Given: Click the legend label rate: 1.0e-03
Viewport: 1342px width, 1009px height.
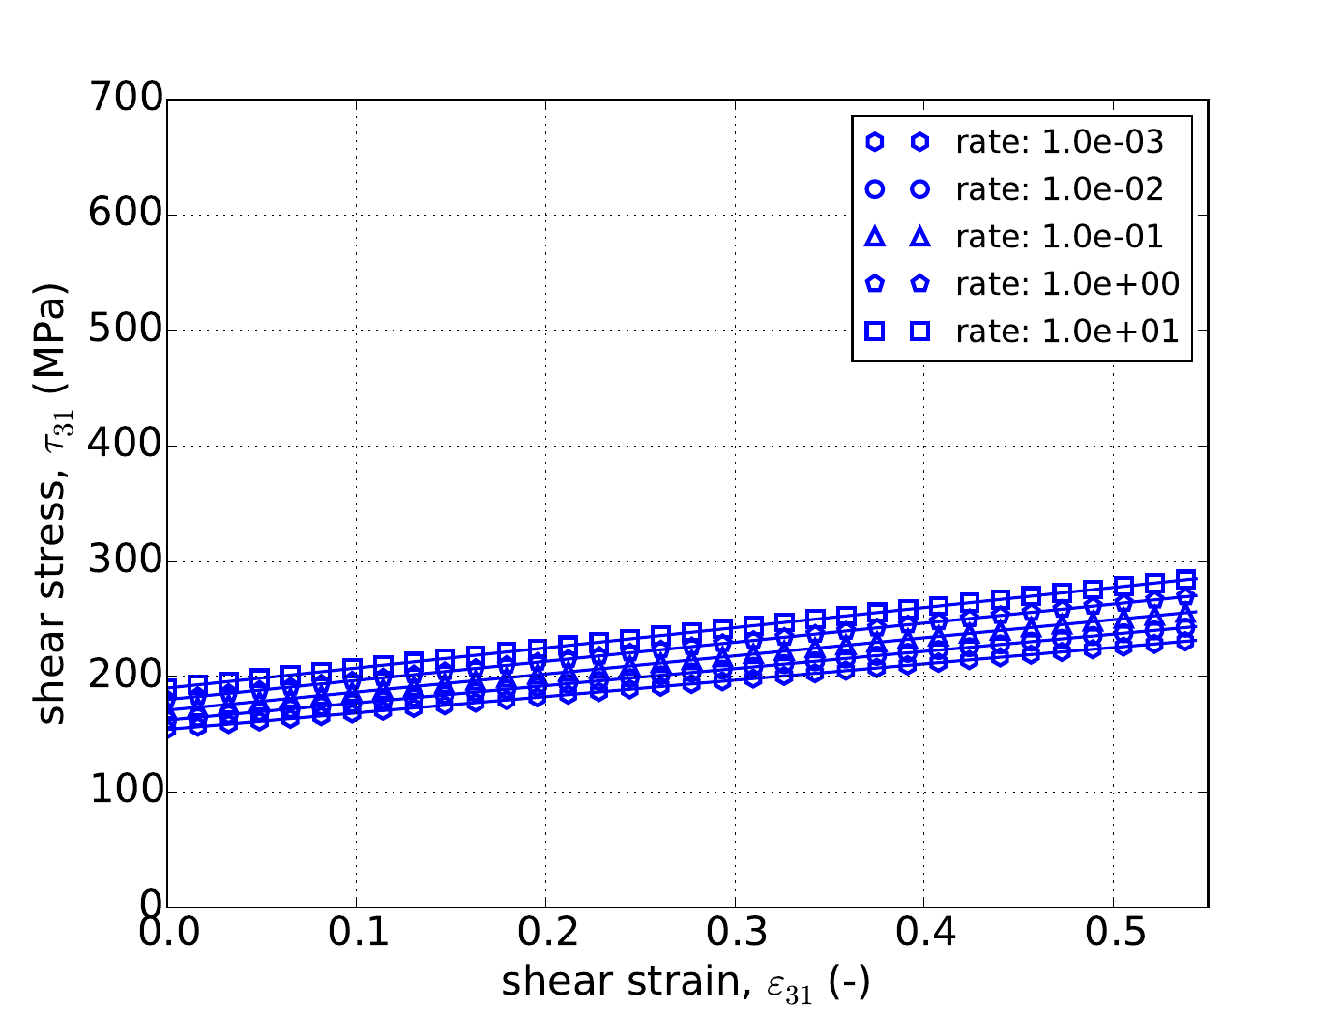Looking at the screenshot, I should tap(1060, 143).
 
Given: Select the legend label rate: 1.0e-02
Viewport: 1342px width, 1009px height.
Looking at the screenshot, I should tap(1060, 189).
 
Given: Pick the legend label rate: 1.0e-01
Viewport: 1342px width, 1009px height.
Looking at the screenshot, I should tap(1060, 237).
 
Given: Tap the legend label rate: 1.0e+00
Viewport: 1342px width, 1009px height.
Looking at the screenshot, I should tap(1067, 284).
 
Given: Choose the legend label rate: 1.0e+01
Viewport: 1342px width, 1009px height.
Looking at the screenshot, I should tap(1067, 332).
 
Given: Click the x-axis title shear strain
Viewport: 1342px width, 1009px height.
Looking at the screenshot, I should tap(686, 982).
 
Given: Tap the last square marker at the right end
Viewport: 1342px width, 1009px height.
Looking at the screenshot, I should tap(1186, 580).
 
